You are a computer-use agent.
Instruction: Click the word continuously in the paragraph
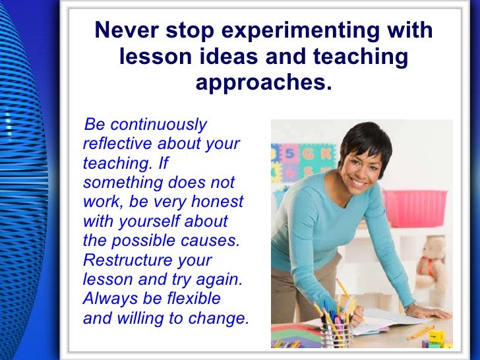click(x=158, y=124)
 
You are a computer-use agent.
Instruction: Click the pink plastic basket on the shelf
click(x=415, y=208)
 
